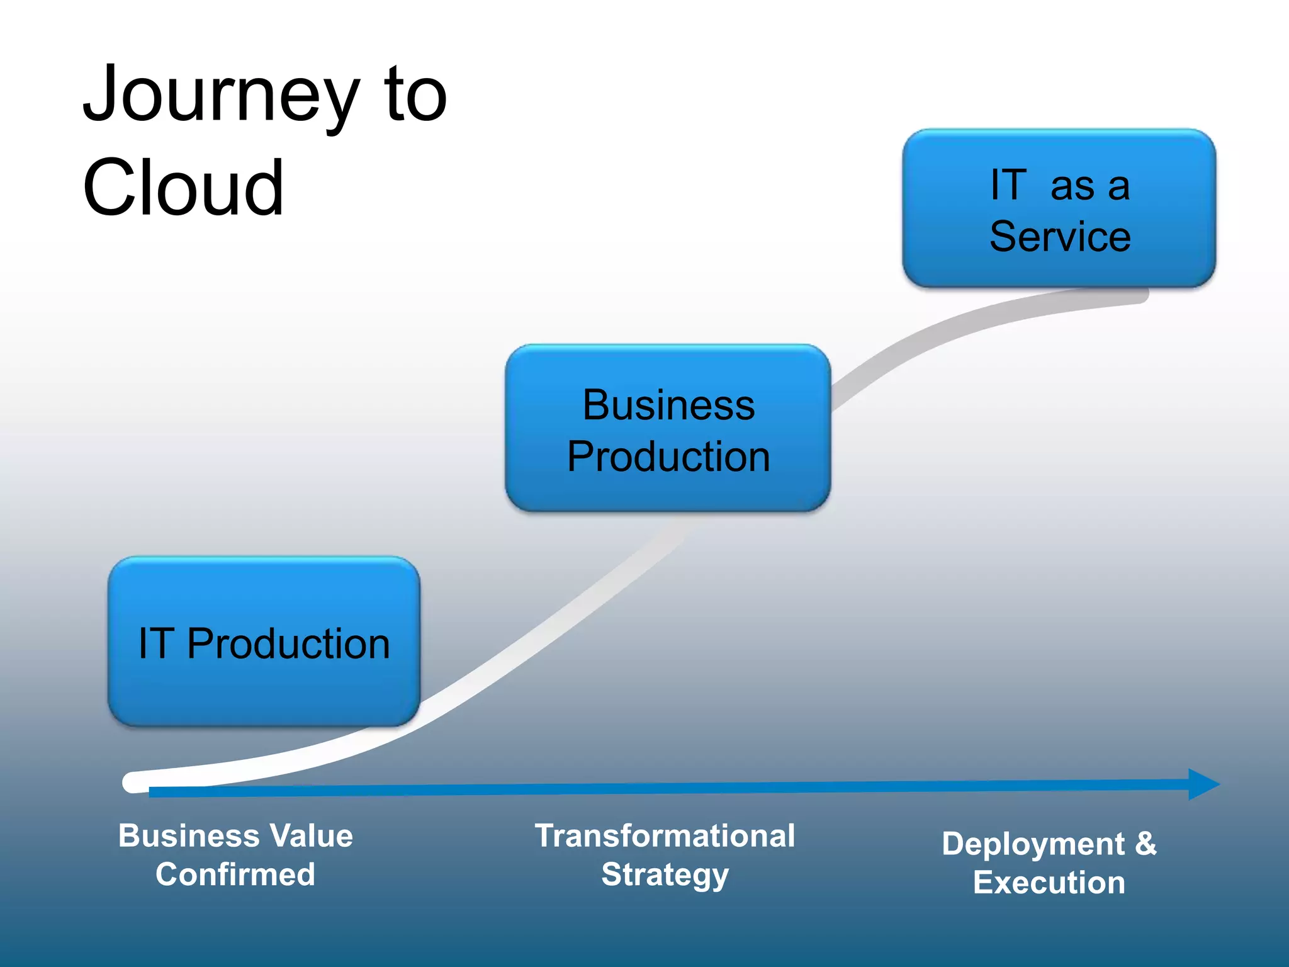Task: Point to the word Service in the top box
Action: (x=1060, y=237)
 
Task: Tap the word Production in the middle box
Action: (x=668, y=456)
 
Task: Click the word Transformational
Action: (x=665, y=836)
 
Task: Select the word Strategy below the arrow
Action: (x=665, y=875)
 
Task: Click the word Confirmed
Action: (x=235, y=874)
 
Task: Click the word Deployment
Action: (x=1033, y=844)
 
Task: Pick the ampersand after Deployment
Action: (x=1145, y=844)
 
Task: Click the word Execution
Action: (x=1049, y=883)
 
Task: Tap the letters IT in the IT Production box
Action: (x=155, y=643)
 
